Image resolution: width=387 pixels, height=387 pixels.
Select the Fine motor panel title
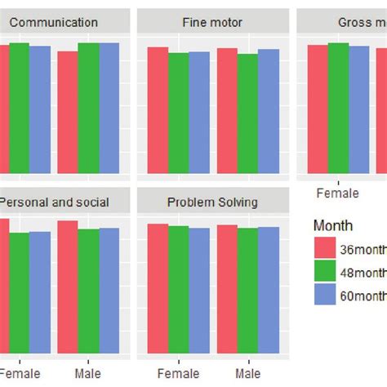coord(212,23)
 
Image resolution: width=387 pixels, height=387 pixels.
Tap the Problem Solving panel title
coord(212,202)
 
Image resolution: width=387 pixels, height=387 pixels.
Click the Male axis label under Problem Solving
coord(248,373)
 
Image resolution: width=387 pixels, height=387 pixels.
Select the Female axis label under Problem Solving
coord(178,373)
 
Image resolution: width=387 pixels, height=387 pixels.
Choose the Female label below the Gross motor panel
coord(337,193)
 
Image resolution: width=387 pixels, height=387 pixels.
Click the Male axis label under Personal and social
coord(88,373)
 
